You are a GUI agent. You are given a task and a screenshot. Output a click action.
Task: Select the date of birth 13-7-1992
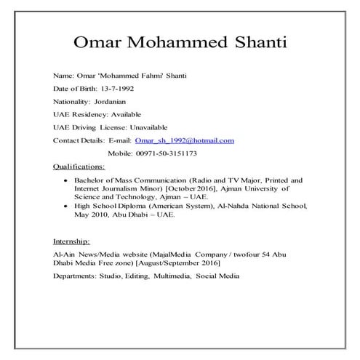[117, 88]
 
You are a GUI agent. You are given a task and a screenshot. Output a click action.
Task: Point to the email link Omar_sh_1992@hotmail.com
[185, 140]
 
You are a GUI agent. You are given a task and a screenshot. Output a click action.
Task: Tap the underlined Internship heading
[71, 240]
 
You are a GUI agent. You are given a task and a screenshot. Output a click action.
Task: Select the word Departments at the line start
[77, 276]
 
